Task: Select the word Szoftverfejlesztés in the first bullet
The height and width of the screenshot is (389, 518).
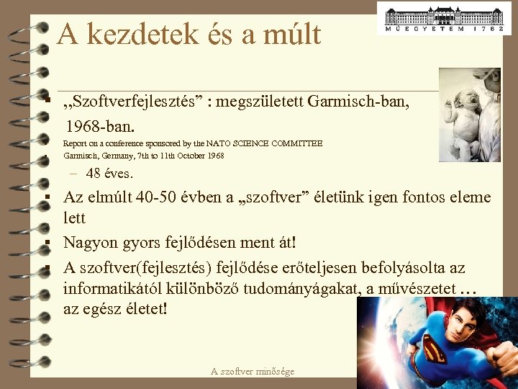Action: pos(137,102)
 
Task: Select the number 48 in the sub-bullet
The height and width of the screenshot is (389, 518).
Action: pos(93,174)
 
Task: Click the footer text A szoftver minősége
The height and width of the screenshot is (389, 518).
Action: pos(253,371)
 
